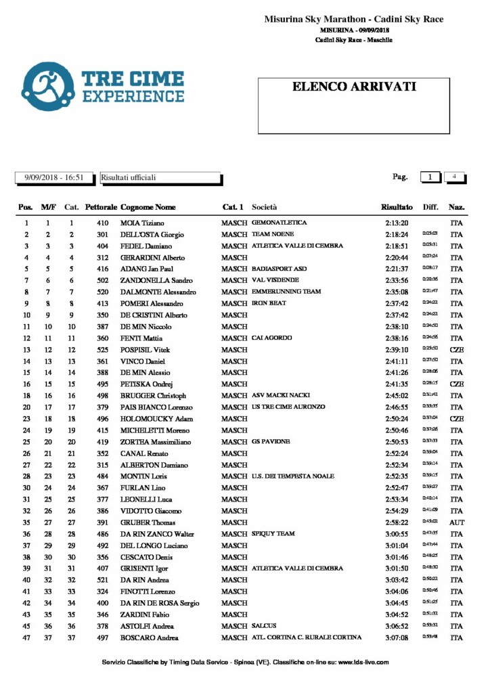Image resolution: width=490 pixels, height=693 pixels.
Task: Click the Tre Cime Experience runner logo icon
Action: pyautogui.click(x=47, y=87)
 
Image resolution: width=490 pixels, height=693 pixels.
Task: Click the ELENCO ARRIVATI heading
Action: pyautogui.click(x=354, y=87)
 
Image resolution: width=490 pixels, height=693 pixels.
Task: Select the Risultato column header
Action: pyautogui.click(x=397, y=207)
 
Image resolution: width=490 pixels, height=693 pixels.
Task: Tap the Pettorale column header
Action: pyautogui.click(x=102, y=207)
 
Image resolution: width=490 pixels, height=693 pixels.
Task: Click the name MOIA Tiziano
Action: pyautogui.click(x=142, y=223)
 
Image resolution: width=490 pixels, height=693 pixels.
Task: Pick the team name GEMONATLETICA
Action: pyautogui.click(x=279, y=223)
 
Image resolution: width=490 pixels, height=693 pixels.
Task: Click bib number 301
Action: pyautogui.click(x=103, y=234)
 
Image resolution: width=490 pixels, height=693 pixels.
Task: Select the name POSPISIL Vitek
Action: pyautogui.click(x=145, y=350)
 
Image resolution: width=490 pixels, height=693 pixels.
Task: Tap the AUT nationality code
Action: pyautogui.click(x=457, y=522)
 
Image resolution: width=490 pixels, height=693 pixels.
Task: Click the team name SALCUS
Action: pyautogui.click(x=264, y=626)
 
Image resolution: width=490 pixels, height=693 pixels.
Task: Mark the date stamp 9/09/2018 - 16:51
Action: pyautogui.click(x=54, y=177)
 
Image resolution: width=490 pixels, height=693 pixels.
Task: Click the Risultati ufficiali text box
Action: pyautogui.click(x=160, y=177)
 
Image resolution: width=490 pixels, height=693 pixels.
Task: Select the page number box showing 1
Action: pyautogui.click(x=430, y=177)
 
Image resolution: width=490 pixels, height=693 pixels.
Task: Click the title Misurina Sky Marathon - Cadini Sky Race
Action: pyautogui.click(x=354, y=20)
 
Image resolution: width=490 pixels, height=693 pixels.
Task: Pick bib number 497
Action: pyautogui.click(x=103, y=638)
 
